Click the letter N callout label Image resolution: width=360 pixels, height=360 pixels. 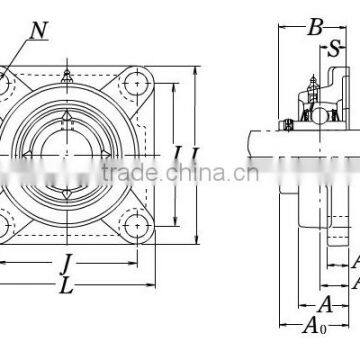pyautogui.click(x=39, y=31)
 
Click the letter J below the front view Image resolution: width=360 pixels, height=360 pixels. pyautogui.click(x=67, y=265)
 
